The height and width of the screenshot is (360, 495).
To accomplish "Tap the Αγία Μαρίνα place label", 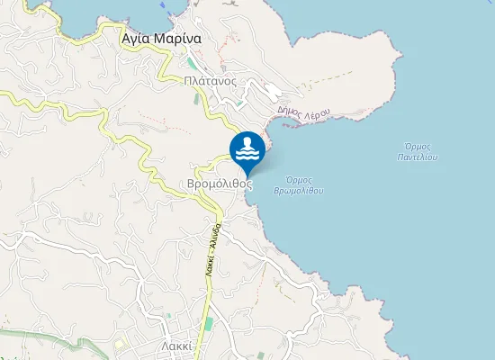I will [161, 40].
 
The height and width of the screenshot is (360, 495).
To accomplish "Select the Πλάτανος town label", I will [209, 80].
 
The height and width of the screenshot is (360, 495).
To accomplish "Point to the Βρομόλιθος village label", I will [220, 183].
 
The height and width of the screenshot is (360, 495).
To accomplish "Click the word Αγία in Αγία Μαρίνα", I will [136, 40].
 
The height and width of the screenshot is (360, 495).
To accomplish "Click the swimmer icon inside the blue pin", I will [247, 148].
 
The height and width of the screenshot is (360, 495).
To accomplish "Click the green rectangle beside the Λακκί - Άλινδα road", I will [210, 323].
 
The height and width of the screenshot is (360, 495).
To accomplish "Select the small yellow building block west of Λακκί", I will [119, 344].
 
